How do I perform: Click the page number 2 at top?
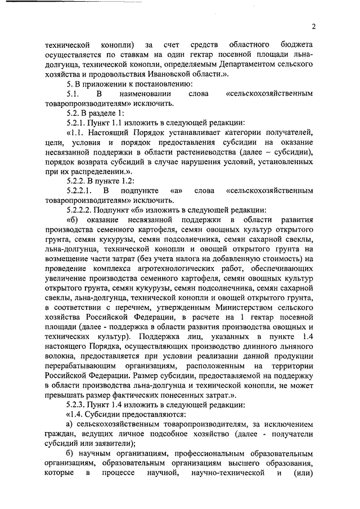314,26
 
